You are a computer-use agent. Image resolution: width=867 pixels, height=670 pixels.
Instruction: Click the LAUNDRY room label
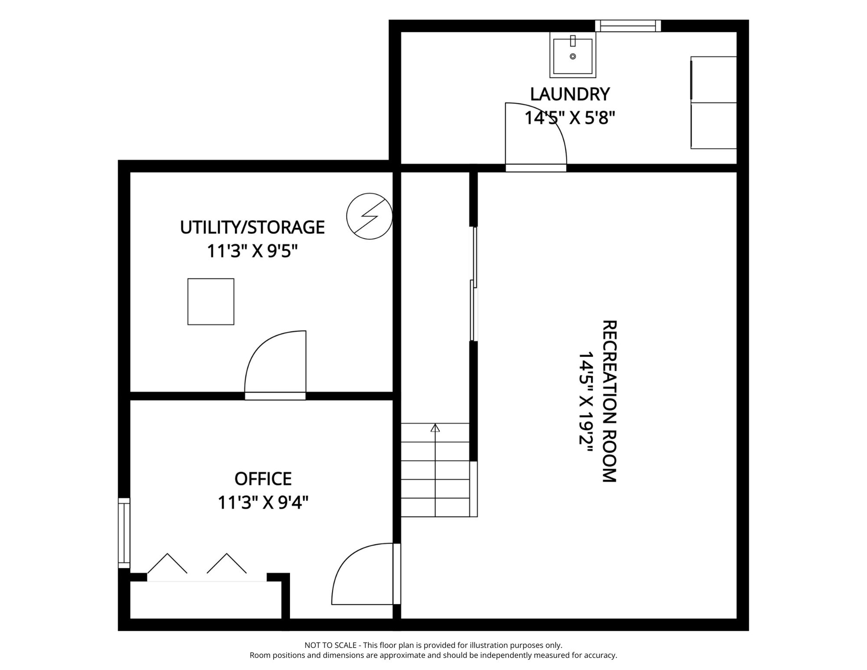pyautogui.click(x=570, y=94)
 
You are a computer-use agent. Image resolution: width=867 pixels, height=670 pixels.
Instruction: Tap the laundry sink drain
pyautogui.click(x=573, y=56)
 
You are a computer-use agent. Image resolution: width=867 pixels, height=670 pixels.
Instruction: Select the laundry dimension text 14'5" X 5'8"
pyautogui.click(x=570, y=118)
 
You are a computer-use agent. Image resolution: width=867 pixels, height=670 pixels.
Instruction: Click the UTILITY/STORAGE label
pyautogui.click(x=252, y=227)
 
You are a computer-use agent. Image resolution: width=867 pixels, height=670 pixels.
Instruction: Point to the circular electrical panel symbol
pyautogui.click(x=369, y=216)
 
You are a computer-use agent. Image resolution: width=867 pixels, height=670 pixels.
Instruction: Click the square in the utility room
pyautogui.click(x=211, y=301)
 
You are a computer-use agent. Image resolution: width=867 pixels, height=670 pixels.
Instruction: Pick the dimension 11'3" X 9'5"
pyautogui.click(x=252, y=251)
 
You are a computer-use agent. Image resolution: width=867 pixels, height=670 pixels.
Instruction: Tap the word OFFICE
pyautogui.click(x=263, y=479)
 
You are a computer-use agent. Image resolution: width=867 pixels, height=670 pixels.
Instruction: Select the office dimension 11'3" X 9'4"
pyautogui.click(x=263, y=502)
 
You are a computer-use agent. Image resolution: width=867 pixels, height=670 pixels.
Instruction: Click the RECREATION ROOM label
pyautogui.click(x=609, y=401)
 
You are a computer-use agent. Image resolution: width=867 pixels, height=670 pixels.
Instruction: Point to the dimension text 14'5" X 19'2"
pyautogui.click(x=586, y=404)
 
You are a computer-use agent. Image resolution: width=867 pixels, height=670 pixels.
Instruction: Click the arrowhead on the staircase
pyautogui.click(x=435, y=428)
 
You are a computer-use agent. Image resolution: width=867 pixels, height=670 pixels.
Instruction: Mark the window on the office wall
pyautogui.click(x=124, y=533)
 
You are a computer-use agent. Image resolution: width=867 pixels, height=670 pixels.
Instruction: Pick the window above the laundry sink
pyautogui.click(x=628, y=26)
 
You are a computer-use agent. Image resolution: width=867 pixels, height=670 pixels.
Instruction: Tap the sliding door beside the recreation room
pyautogui.click(x=473, y=284)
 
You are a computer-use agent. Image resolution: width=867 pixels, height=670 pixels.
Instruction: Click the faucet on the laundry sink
pyautogui.click(x=573, y=41)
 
